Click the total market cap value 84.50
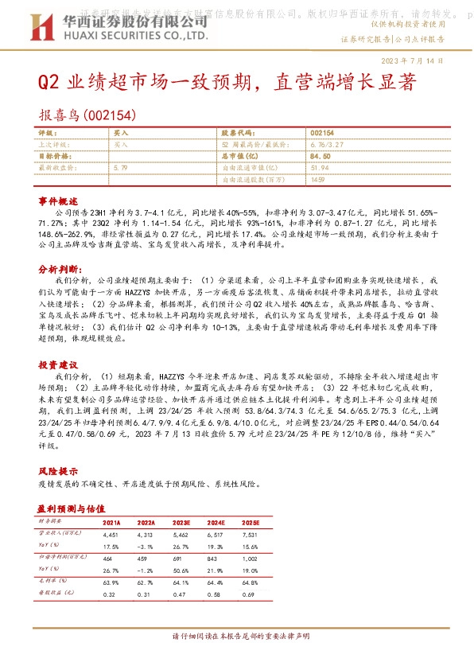click(x=321, y=157)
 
